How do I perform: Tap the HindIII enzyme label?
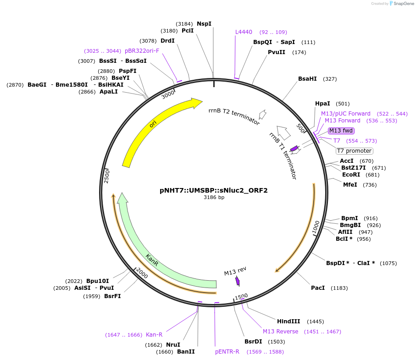click(x=288, y=321)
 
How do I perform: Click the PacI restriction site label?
click(x=318, y=288)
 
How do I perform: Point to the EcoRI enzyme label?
click(x=351, y=175)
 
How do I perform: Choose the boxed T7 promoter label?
click(x=354, y=151)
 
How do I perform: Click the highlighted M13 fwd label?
click(x=341, y=131)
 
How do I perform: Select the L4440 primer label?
click(x=244, y=32)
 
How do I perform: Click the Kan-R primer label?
click(x=154, y=335)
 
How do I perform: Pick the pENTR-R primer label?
click(x=227, y=352)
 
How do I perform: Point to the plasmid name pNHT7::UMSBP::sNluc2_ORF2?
click(x=214, y=190)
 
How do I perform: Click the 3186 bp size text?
click(x=214, y=198)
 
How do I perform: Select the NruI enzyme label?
click(x=173, y=345)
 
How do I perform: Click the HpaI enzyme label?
click(x=323, y=104)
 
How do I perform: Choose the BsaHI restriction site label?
click(x=307, y=79)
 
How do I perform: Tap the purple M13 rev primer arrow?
click(x=237, y=281)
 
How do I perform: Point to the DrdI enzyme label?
click(x=167, y=41)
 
